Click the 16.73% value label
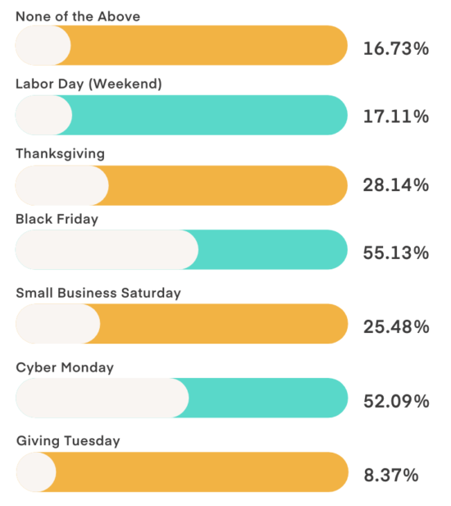(396, 49)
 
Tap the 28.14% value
(396, 185)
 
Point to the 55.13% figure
(396, 253)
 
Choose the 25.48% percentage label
(396, 326)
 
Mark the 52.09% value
(396, 401)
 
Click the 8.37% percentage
(391, 475)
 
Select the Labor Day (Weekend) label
(89, 84)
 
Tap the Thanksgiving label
(60, 153)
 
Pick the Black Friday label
(57, 219)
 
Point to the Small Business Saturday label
(98, 293)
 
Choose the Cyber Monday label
(65, 367)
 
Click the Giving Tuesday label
(68, 441)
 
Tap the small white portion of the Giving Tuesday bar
(35, 472)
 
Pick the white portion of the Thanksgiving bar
(61, 185)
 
